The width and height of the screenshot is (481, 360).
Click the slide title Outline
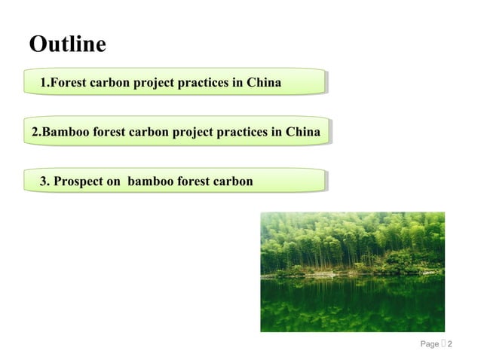(67, 45)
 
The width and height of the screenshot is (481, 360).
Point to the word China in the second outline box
(303, 133)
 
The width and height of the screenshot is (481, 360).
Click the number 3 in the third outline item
(44, 182)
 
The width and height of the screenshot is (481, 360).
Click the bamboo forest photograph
(352, 271)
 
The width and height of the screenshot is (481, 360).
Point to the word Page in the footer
(429, 345)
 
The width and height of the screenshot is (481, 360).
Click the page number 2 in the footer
(450, 345)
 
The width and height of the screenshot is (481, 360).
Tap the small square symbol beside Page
(443, 345)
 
